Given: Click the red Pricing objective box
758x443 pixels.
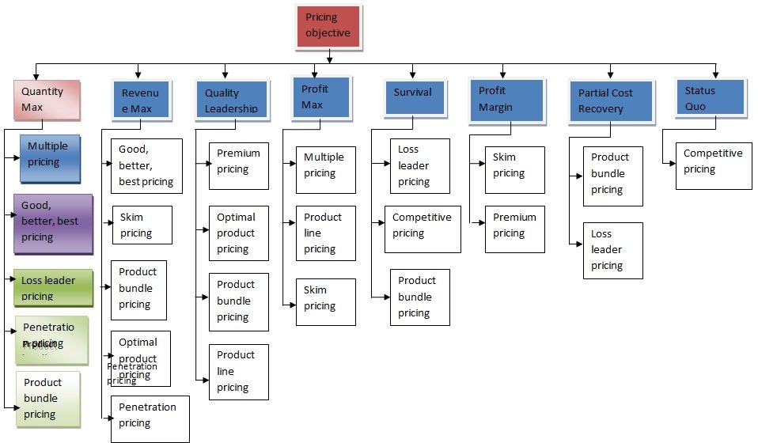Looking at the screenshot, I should tap(328, 25).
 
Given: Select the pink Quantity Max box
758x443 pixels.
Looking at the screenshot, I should tap(49, 99).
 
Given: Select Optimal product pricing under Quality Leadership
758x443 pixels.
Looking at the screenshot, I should tap(238, 233).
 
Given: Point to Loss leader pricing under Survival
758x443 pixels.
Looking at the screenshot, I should tap(419, 165).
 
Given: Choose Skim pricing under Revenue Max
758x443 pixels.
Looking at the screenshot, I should tap(142, 225).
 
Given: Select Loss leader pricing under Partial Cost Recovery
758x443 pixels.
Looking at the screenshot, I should tap(612, 250).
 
